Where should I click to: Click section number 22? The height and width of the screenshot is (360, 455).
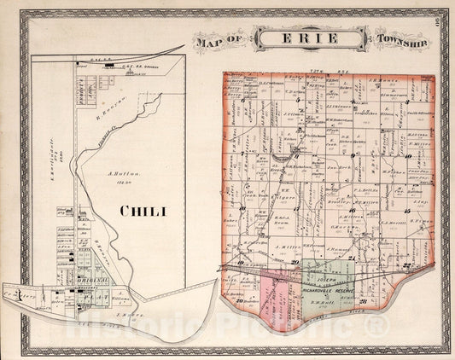tap(406, 266)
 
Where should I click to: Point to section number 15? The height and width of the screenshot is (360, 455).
tap(406, 209)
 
